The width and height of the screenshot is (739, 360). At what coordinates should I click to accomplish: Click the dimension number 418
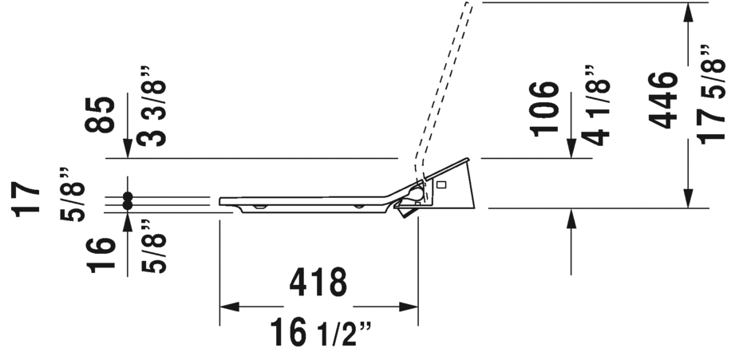[318, 283]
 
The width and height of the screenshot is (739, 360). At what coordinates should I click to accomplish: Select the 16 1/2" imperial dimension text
[321, 333]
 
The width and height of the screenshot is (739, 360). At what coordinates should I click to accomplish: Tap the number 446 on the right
[663, 100]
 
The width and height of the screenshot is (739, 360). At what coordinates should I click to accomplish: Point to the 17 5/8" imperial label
[711, 94]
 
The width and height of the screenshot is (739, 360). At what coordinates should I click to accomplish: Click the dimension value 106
[544, 109]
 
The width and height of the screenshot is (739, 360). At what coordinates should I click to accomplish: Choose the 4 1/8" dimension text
[595, 105]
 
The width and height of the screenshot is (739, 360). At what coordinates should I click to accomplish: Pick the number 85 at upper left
[100, 114]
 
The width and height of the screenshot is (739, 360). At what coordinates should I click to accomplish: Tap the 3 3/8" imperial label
[152, 113]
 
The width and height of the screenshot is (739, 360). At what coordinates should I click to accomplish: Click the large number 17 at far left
[26, 199]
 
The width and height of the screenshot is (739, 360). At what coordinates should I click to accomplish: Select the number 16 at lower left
[101, 255]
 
